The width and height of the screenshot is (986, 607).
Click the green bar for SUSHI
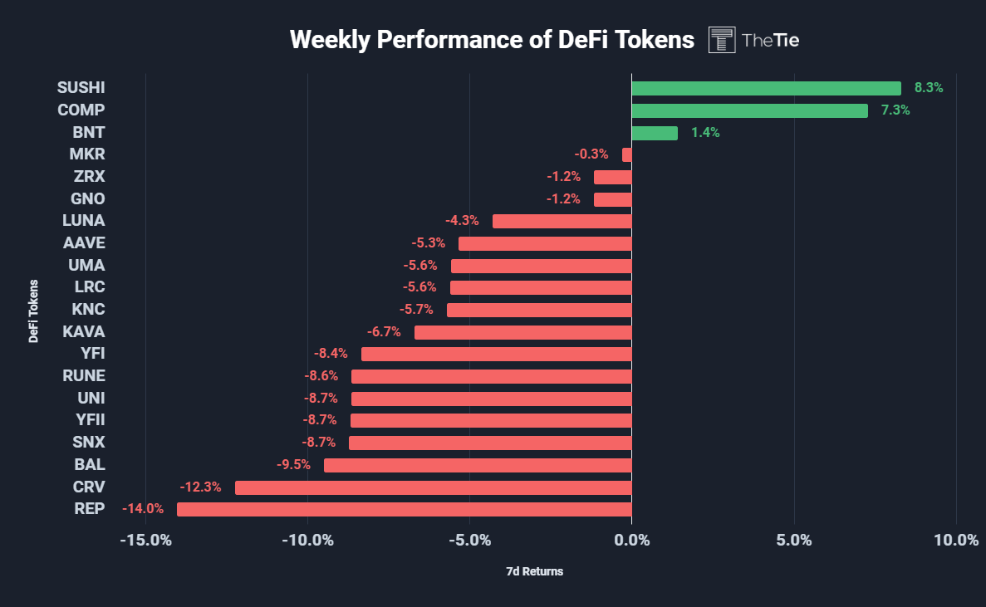[766, 88]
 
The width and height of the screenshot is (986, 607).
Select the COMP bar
[749, 110]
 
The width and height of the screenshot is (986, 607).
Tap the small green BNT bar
[655, 133]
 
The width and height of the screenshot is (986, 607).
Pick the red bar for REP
[404, 509]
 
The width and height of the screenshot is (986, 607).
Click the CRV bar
[433, 487]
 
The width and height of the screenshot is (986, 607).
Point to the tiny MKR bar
[627, 154]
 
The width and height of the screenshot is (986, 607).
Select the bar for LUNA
[562, 221]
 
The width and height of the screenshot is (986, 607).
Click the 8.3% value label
[929, 87]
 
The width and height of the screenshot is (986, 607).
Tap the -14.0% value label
[143, 509]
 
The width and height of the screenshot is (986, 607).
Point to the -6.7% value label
[384, 331]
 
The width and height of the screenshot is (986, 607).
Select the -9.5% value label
[293, 464]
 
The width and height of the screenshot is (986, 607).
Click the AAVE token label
[84, 242]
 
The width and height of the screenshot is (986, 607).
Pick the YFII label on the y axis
[90, 419]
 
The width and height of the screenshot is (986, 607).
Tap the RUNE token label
[84, 375]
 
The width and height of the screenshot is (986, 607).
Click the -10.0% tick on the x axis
[307, 541]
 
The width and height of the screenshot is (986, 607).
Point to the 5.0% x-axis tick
[794, 541]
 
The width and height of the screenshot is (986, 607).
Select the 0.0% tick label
[631, 541]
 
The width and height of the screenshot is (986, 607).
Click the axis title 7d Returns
[534, 571]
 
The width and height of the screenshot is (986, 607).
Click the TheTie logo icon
[722, 40]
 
